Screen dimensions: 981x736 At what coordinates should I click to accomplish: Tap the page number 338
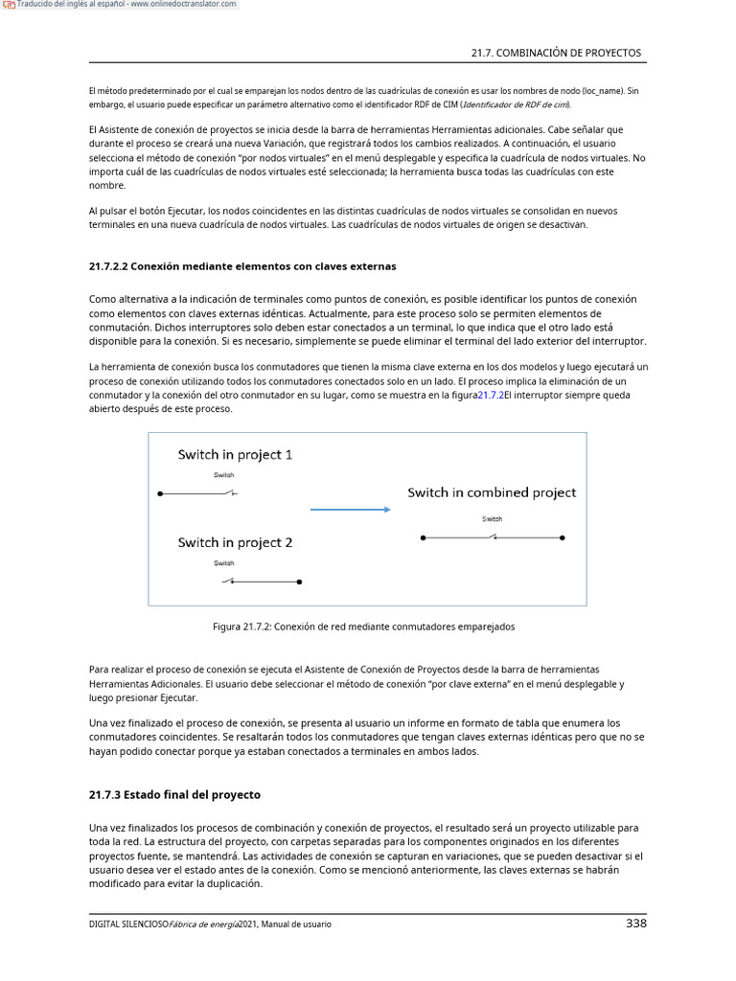[635, 924]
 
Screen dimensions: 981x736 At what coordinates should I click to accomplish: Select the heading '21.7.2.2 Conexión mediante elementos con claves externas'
[242, 265]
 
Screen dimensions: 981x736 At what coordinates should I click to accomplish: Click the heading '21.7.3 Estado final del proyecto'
[174, 794]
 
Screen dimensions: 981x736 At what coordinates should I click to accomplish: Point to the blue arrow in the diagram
[352, 510]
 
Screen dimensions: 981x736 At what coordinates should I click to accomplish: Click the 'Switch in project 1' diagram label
[235, 455]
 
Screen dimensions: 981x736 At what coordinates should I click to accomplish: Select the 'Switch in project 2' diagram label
[235, 542]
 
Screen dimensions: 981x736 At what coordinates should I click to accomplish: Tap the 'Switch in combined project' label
[492, 492]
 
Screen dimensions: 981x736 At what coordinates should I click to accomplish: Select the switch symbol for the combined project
[492, 538]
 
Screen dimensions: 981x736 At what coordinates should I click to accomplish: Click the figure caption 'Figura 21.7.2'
[363, 627]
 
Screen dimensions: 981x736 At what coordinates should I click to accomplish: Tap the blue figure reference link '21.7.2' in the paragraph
[490, 395]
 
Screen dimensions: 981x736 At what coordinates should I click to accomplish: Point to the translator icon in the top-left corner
[9, 5]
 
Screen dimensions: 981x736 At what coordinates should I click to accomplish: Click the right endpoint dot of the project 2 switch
[300, 582]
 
